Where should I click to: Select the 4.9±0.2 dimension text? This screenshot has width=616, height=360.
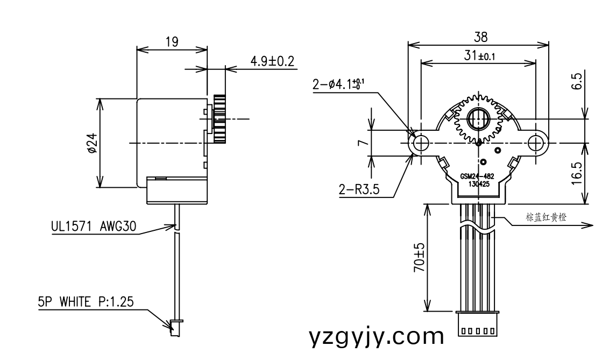272,61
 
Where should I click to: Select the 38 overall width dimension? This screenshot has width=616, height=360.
480,37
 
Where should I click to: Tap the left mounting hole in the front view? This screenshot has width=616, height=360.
421,143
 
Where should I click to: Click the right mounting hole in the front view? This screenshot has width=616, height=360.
536,143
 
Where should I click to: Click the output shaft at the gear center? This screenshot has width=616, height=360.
478,118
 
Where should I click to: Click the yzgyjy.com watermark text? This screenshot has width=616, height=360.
377,337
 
